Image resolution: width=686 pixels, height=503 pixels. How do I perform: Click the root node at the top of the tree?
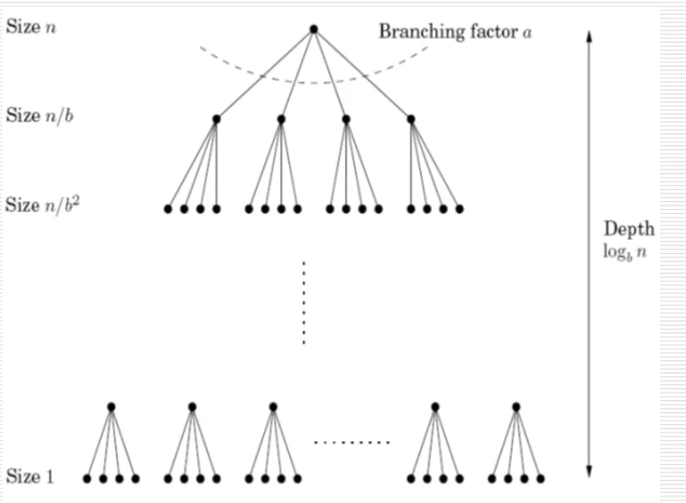313,30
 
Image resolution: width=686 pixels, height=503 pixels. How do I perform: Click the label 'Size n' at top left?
30,28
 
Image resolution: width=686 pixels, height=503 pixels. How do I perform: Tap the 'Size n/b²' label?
41,204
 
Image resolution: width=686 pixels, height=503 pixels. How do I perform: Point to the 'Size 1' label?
30,478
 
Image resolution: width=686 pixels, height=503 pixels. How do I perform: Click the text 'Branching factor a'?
455,31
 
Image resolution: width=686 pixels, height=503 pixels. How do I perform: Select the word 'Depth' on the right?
629,229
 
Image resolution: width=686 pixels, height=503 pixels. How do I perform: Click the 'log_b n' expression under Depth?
626,250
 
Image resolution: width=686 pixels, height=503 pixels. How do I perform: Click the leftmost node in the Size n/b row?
216,119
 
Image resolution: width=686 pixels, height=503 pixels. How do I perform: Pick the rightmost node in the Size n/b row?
411,119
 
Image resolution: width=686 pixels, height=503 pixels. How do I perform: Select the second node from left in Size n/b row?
281,119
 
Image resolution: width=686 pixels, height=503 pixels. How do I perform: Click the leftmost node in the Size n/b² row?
168,208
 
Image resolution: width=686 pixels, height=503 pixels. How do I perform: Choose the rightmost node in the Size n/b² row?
459,208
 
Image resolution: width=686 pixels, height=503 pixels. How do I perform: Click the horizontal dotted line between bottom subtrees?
352,443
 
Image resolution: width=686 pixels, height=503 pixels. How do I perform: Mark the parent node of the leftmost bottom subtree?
111,407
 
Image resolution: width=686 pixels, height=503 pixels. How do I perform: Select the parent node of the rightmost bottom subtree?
516,407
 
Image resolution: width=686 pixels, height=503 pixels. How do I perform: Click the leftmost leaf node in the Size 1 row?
87,479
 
